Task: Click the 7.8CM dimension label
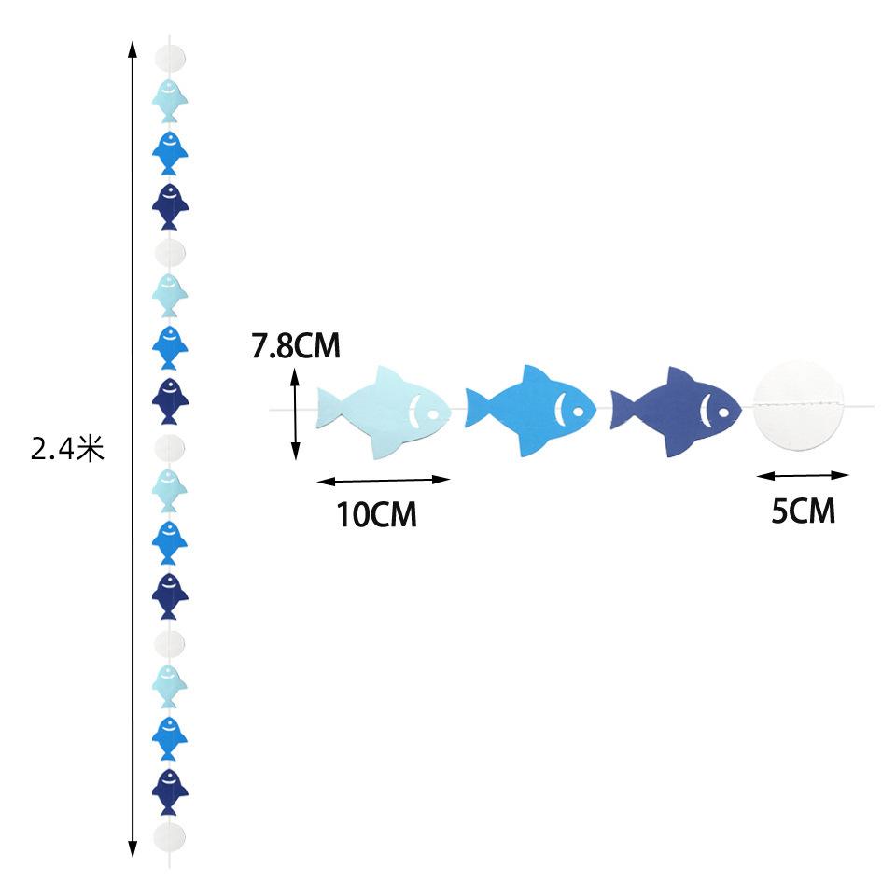[x=296, y=345]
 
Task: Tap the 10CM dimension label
[x=376, y=514]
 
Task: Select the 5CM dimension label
[x=803, y=511]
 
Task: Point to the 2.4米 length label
[x=67, y=449]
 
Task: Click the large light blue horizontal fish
[x=384, y=413]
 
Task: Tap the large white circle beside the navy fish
[x=798, y=405]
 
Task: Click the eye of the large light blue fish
[x=432, y=413]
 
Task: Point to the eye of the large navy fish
[x=723, y=412]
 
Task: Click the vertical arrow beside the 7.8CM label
[x=296, y=414]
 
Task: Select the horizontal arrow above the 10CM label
[x=384, y=481]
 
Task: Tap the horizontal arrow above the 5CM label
[x=803, y=475]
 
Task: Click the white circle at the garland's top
[x=170, y=57]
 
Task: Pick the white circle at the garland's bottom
[x=170, y=839]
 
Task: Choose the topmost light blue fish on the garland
[x=170, y=101]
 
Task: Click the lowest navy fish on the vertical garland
[x=170, y=792]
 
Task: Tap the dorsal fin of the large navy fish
[x=681, y=378]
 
